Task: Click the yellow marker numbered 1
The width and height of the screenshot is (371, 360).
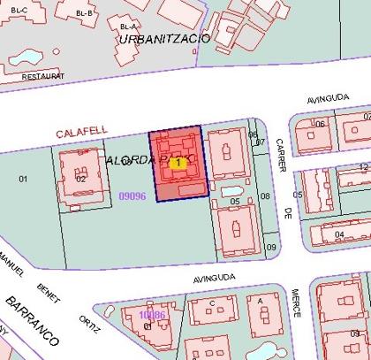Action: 179,163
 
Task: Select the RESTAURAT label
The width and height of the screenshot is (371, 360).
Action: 20,76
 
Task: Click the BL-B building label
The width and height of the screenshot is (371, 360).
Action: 84,13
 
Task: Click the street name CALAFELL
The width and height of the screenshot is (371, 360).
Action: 81,131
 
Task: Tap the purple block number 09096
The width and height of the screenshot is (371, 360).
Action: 132,195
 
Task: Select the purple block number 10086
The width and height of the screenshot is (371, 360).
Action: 152,314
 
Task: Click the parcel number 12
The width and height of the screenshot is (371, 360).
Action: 363,166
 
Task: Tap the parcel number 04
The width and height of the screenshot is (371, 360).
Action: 339,234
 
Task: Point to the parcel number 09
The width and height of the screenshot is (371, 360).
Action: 271,247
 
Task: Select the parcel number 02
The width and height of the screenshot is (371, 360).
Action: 80,179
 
